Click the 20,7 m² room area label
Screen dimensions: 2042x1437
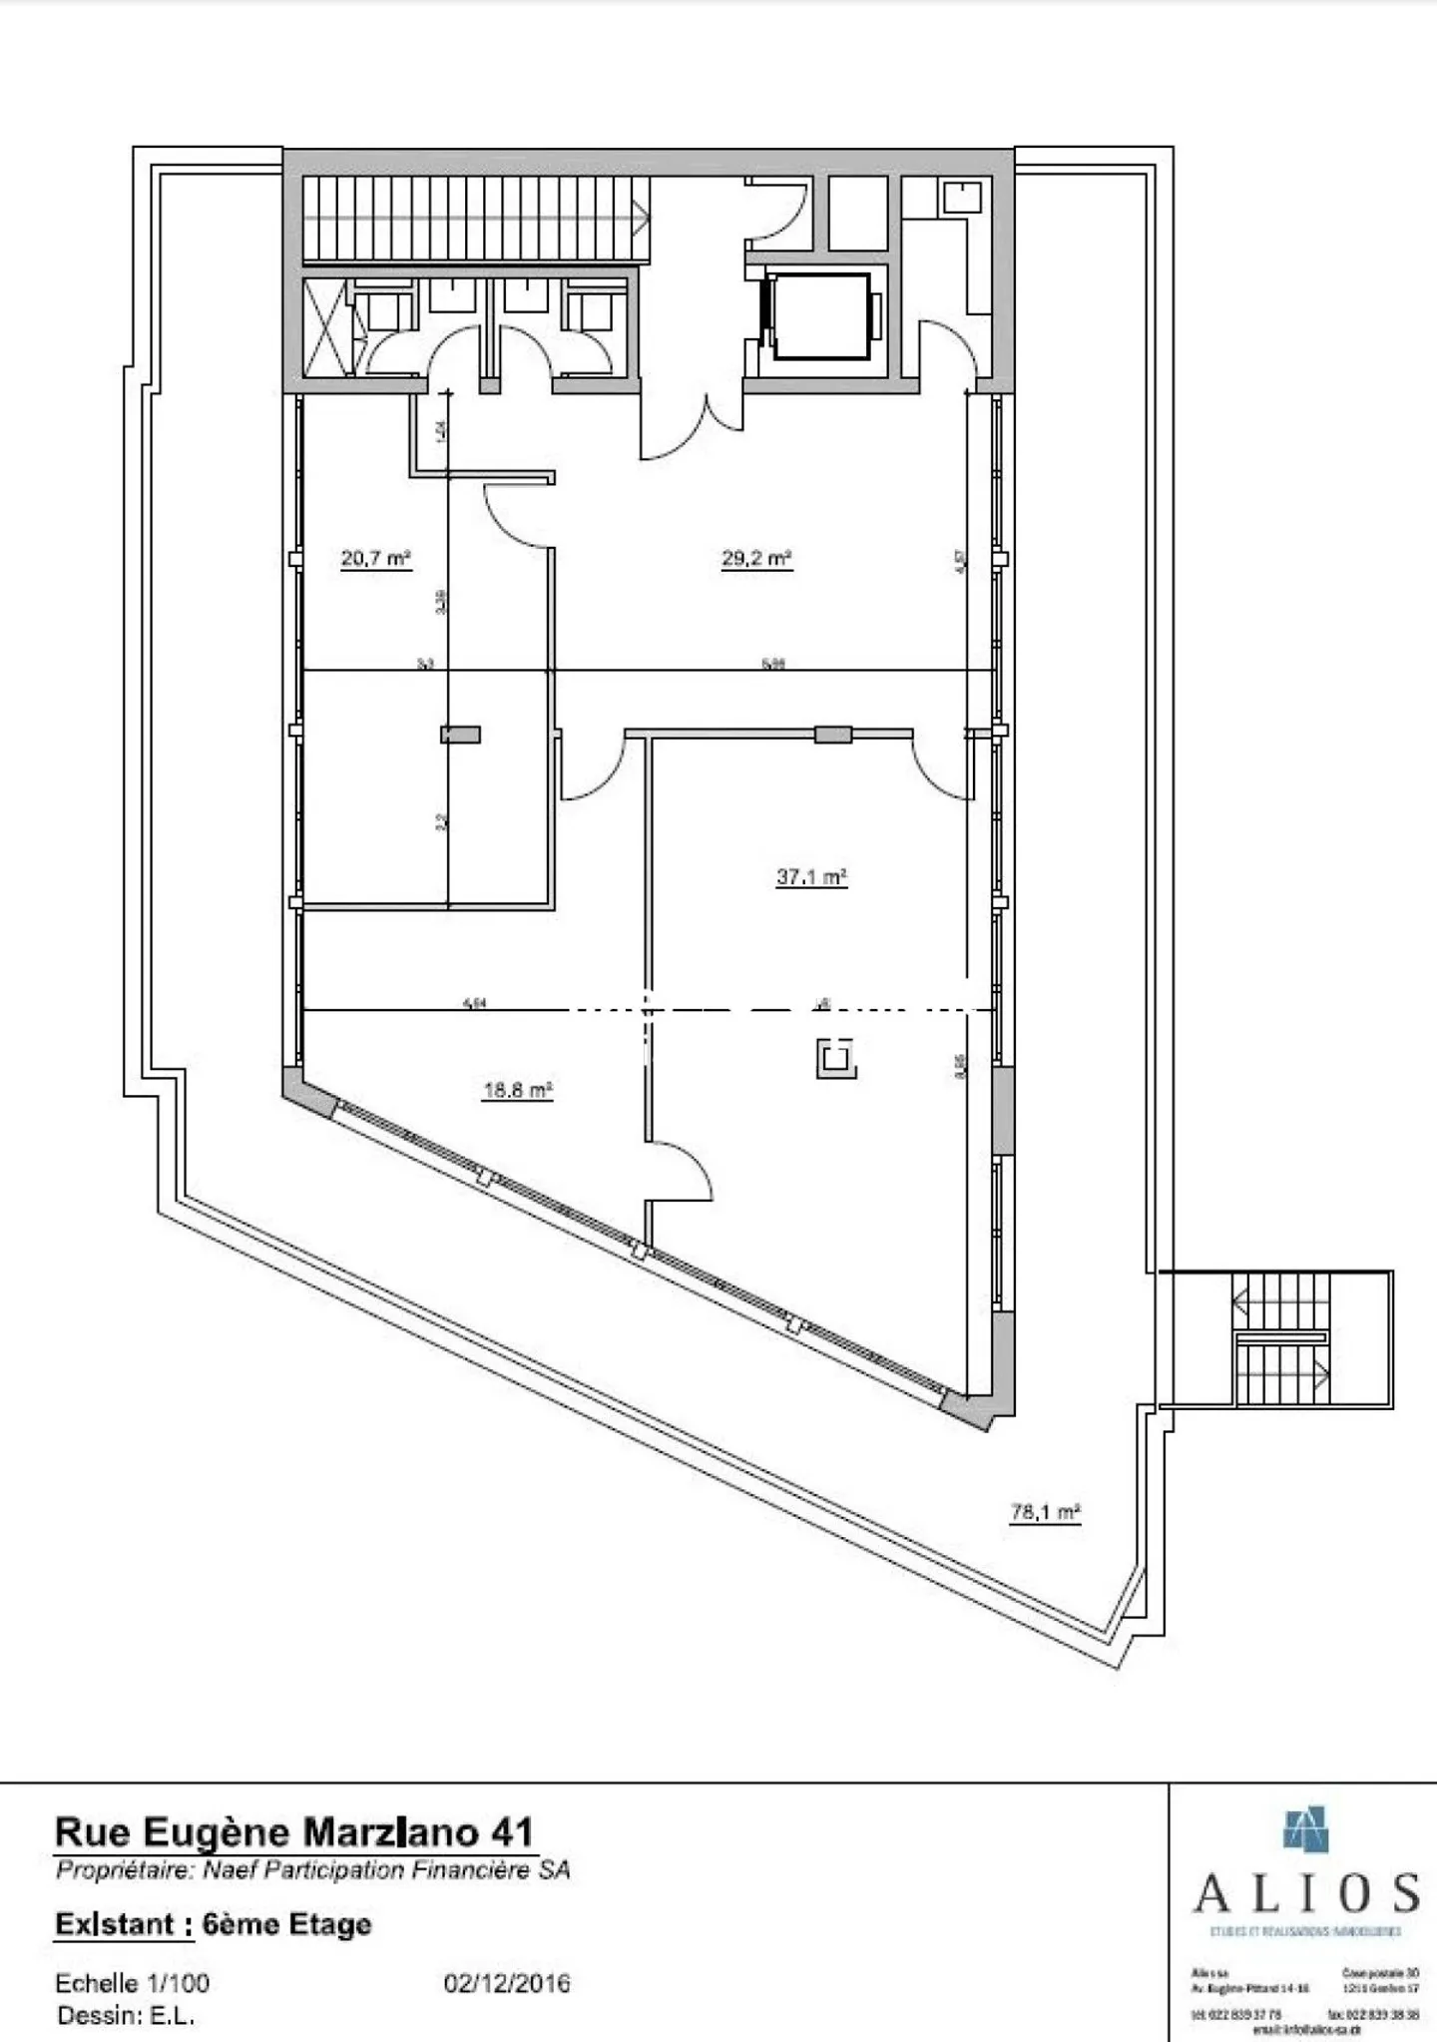(376, 558)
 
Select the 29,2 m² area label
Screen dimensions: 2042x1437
(756, 558)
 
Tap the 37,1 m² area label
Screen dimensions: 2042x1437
(811, 877)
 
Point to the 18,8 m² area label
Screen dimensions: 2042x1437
(518, 1090)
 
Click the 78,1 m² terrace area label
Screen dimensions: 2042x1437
(1046, 1512)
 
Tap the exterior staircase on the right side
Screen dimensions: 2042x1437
(1281, 1339)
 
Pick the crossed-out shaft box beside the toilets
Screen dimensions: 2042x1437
(326, 326)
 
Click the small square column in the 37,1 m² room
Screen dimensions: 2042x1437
(836, 1059)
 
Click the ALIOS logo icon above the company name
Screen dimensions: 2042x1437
(1306, 1829)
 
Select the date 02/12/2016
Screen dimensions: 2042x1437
(507, 1982)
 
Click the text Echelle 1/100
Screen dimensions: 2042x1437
(133, 1982)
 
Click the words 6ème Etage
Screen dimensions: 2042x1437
(286, 1924)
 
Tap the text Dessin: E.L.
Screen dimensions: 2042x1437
(126, 2015)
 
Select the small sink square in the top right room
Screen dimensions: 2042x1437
(962, 197)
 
